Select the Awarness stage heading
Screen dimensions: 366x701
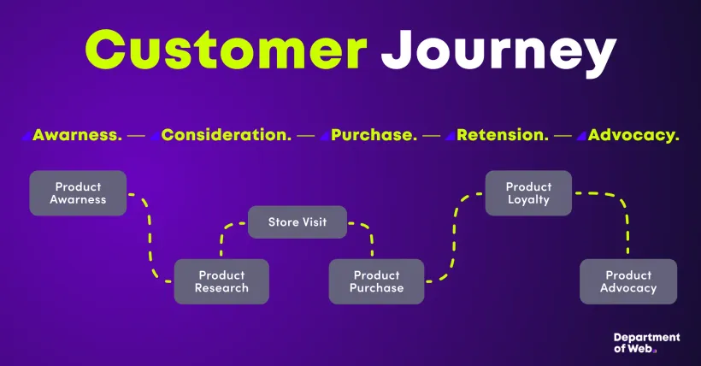coord(77,135)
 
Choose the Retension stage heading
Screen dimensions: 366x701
coord(503,135)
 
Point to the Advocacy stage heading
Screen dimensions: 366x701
coord(633,135)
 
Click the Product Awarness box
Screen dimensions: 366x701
coord(78,193)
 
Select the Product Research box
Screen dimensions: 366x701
coord(221,281)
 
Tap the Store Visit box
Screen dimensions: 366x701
coord(297,222)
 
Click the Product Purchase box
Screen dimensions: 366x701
coord(376,281)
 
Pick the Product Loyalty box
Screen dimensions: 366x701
coord(528,193)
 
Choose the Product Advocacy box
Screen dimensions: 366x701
coord(628,281)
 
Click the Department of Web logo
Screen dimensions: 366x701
coord(646,343)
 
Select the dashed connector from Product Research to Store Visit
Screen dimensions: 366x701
coord(222,239)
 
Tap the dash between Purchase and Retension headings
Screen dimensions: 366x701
coord(432,135)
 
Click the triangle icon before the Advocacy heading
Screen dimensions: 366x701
coord(581,135)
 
